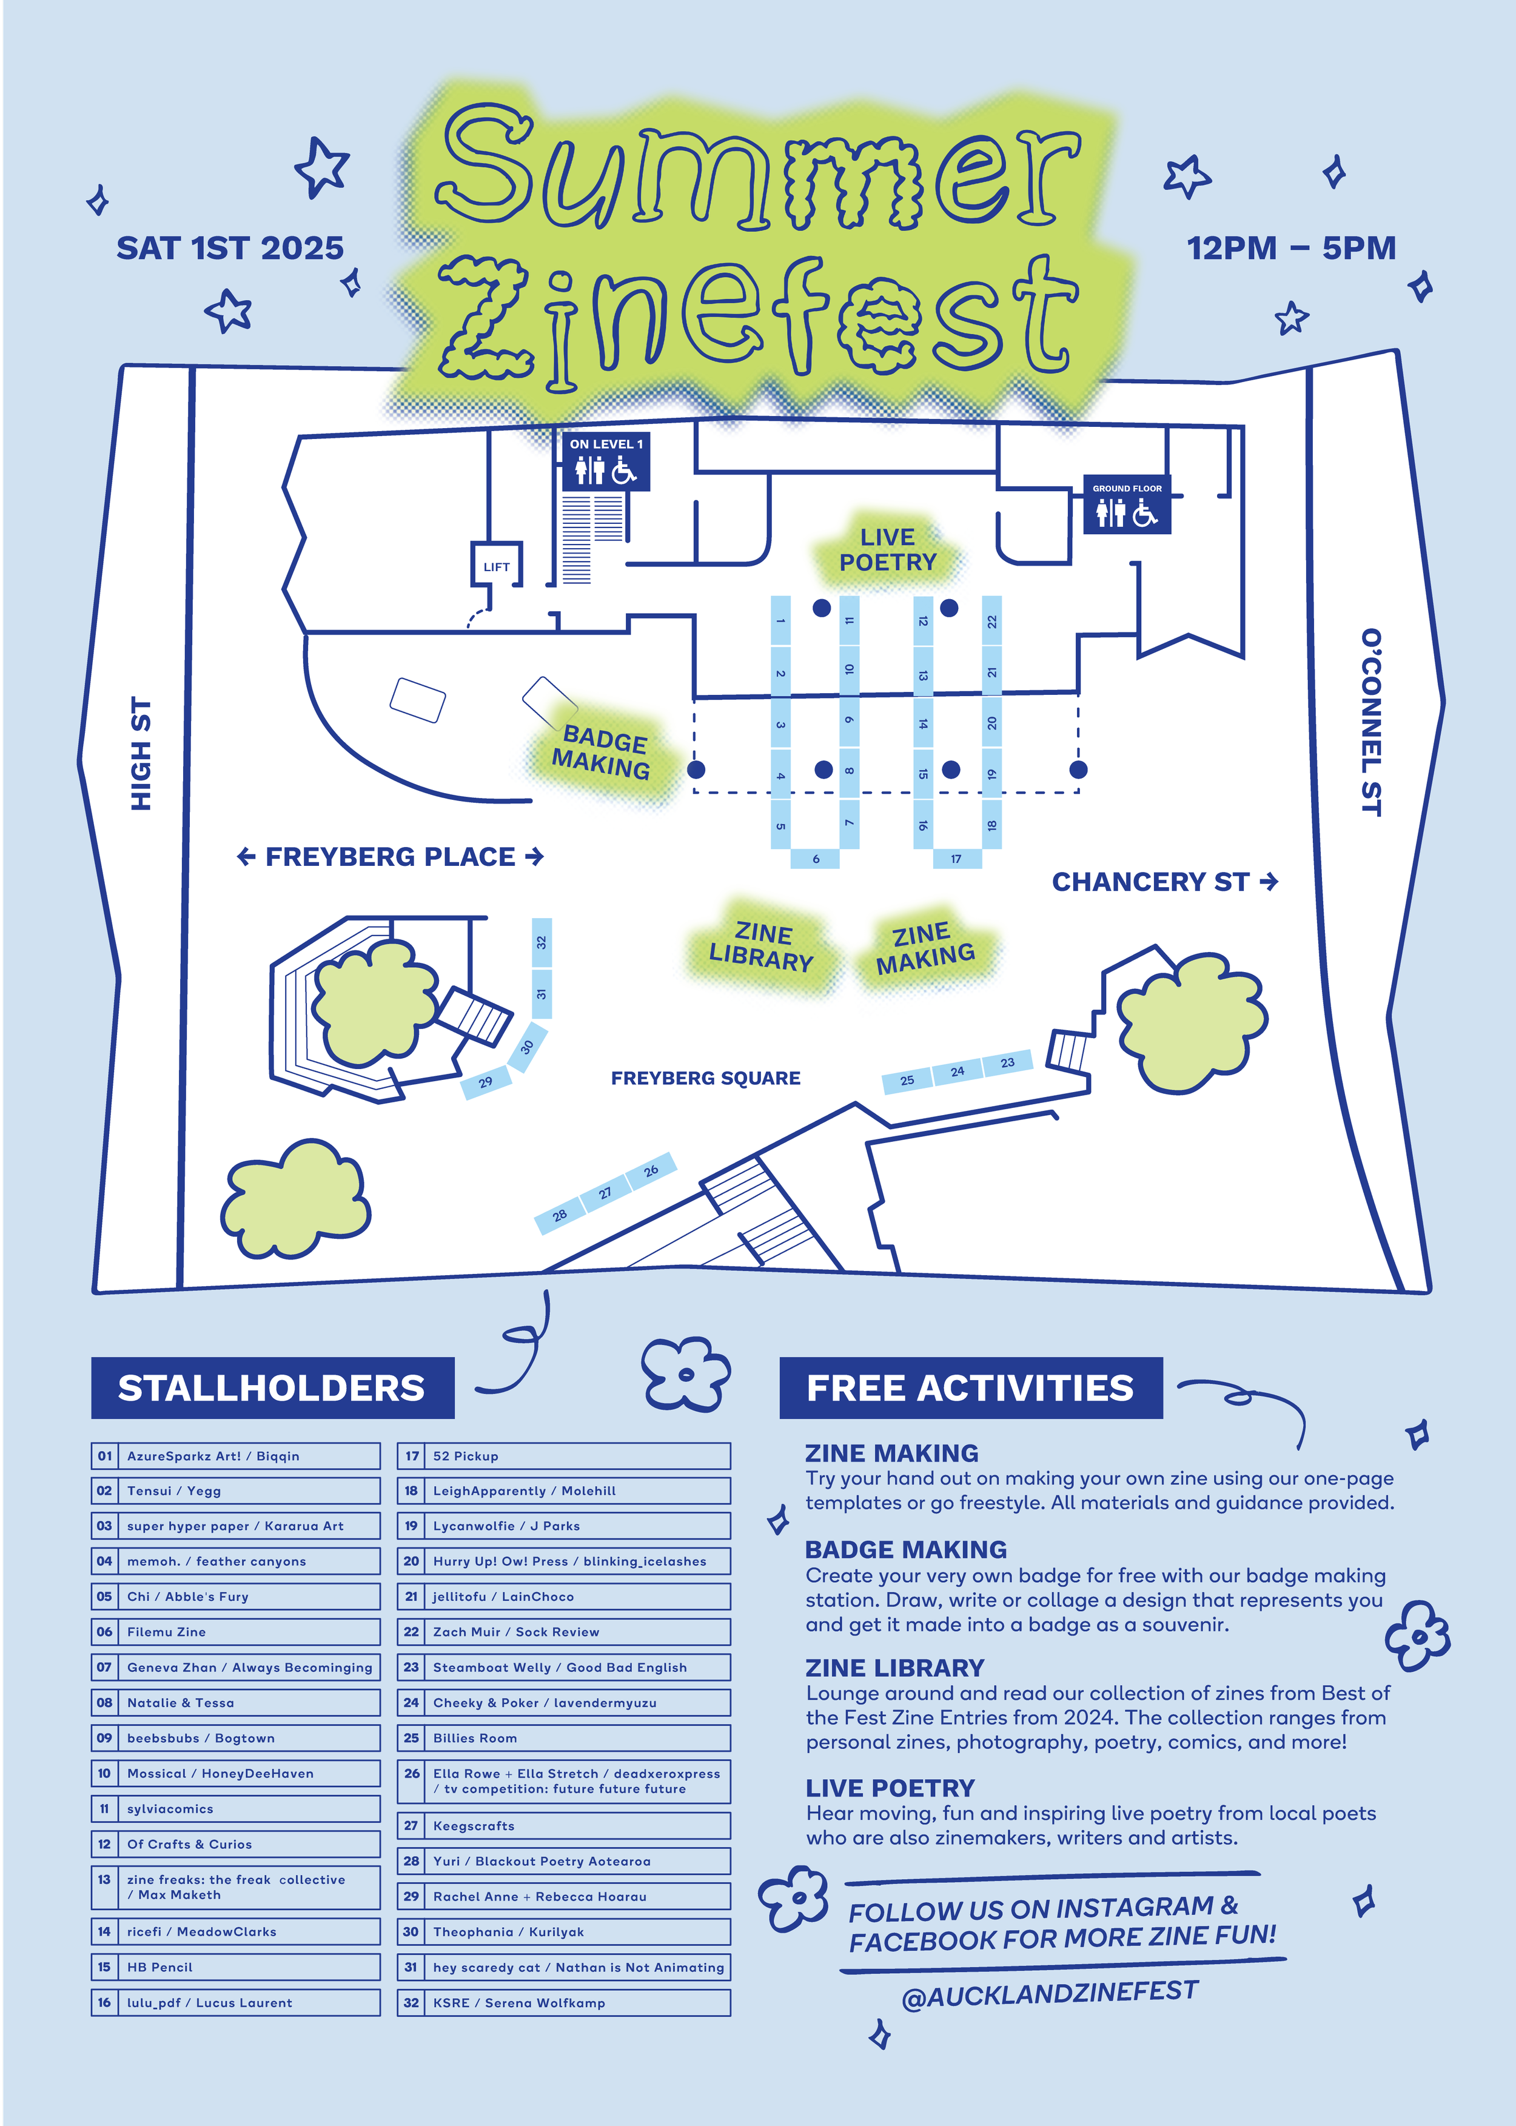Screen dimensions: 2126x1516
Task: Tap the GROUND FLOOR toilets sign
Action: [x=1127, y=505]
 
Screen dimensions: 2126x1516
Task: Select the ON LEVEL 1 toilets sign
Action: [x=606, y=461]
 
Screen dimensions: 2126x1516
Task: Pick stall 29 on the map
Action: [x=485, y=1082]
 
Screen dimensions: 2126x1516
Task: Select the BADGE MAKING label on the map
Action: [x=603, y=753]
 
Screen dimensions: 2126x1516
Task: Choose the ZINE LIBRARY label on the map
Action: [x=762, y=947]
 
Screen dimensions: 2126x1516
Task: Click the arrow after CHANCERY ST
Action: [x=1269, y=881]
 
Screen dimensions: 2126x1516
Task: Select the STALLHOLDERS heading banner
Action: [x=272, y=1388]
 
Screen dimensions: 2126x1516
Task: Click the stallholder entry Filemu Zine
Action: [x=236, y=1631]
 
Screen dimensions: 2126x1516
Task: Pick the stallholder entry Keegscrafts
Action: [x=564, y=1825]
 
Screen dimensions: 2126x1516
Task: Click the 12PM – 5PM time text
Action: [x=1291, y=248]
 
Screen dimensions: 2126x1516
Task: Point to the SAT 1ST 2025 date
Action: [x=230, y=248]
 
